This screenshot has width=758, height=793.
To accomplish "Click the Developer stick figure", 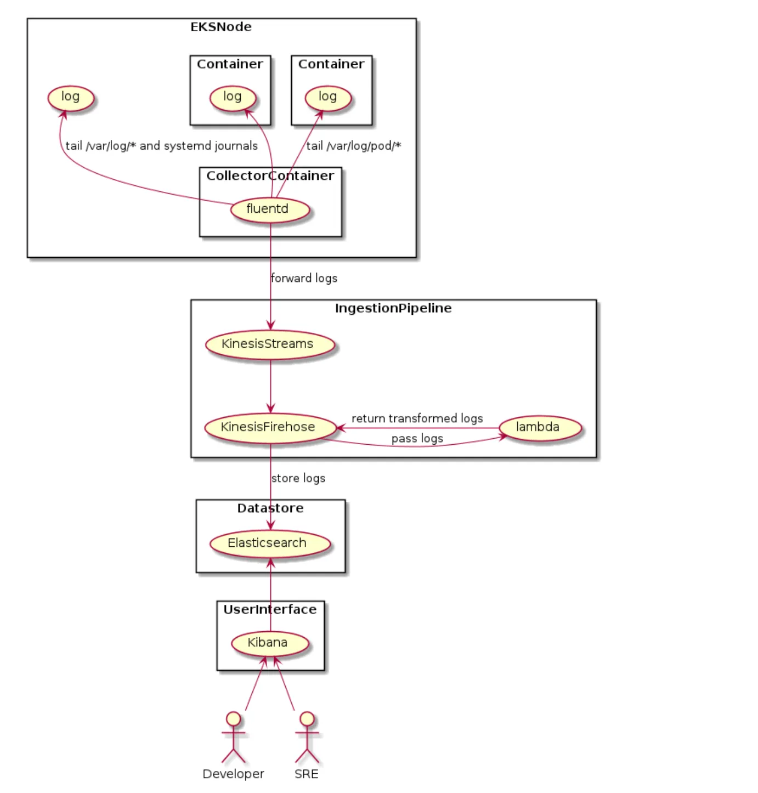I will point(234,738).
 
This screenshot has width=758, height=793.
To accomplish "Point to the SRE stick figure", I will point(307,738).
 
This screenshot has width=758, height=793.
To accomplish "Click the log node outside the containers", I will point(71,98).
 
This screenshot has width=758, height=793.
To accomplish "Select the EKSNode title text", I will point(221,27).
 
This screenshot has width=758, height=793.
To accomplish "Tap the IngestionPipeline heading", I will point(393,308).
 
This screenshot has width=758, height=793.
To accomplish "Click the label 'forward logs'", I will point(304,279).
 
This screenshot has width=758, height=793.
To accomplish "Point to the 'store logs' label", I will point(298,478).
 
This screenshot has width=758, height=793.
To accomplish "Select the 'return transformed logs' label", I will point(417,418).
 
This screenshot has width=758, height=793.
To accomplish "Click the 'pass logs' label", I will point(417,439).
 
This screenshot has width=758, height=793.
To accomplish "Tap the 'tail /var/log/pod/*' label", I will point(354,146).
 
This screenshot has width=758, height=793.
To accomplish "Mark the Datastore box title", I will point(270,508).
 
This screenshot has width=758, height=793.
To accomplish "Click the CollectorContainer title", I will point(270,176).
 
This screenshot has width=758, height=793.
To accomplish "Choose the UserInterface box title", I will point(270,610).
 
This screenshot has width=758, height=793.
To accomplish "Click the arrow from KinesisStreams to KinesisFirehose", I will point(270,386).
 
